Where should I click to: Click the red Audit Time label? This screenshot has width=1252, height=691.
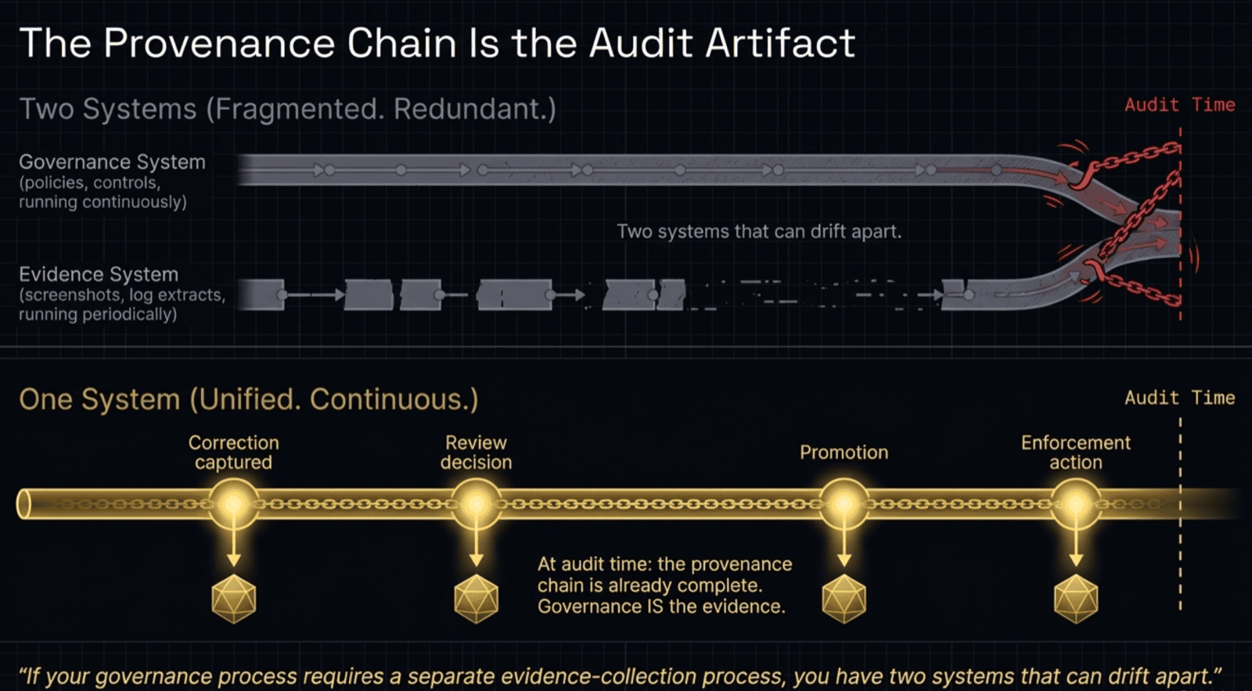coord(1179,105)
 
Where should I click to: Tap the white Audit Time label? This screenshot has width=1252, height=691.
coord(1179,398)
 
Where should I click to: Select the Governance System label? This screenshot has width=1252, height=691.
coord(112,162)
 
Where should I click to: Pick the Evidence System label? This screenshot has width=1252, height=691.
coord(99,274)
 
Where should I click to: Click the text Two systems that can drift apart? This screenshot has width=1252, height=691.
coord(759,231)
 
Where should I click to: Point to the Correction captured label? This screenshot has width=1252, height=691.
coord(233,453)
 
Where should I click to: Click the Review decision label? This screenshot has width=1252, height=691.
coord(476,453)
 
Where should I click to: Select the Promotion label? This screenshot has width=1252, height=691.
coord(844,453)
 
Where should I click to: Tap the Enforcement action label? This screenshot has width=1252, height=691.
coord(1075,453)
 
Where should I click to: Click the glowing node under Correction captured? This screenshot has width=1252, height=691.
coord(233,504)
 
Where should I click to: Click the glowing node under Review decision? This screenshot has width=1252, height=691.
coord(476,504)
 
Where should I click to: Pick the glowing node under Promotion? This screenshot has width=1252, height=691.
coord(844,504)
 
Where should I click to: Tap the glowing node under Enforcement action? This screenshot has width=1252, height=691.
coord(1076,504)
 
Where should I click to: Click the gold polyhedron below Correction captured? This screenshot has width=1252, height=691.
coord(233,599)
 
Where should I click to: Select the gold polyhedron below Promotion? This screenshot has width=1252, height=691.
coord(844,599)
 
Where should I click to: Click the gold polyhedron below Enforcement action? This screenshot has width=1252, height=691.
coord(1076,599)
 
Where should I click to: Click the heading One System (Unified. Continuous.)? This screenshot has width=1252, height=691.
coord(248,399)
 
